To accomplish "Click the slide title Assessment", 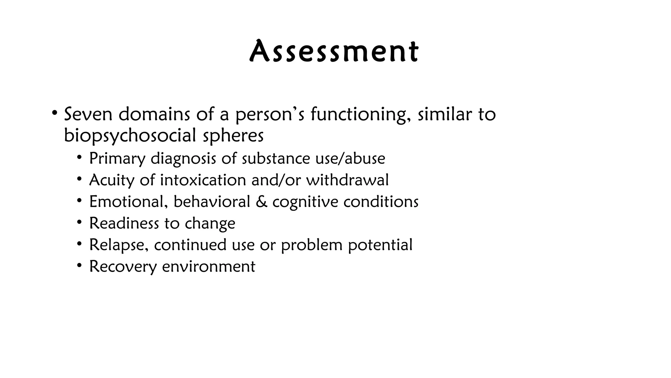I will coord(334,52).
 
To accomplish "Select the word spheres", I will coord(233,135).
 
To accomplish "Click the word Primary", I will coord(117,158).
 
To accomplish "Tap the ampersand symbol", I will coord(261,201).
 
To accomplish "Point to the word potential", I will coord(380,245).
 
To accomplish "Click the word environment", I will coord(208,266).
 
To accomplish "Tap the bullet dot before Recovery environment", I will coord(79,265).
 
